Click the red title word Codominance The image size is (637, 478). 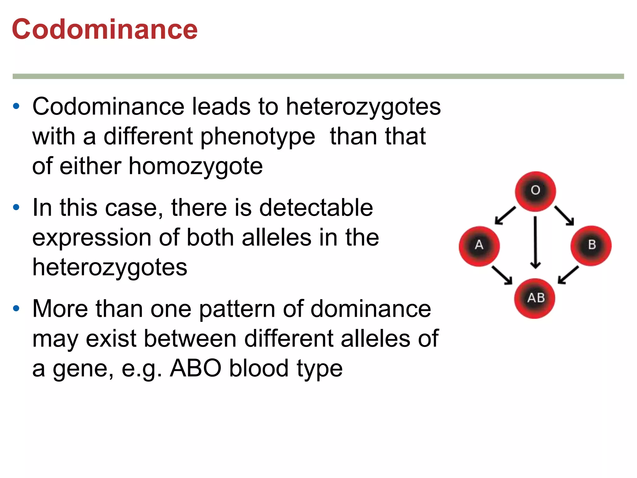click(x=105, y=29)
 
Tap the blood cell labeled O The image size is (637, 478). click(x=535, y=191)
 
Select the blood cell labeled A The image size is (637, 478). click(x=479, y=246)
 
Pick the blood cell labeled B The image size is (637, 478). click(x=591, y=246)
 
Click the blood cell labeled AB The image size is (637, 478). click(x=535, y=298)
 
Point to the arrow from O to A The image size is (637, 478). click(x=505, y=215)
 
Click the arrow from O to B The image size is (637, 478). click(x=564, y=215)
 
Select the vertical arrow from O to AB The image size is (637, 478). click(x=535, y=242)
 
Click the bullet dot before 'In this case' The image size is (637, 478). click(x=16, y=207)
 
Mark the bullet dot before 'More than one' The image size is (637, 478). click(x=16, y=308)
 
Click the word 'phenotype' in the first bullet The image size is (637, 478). click(x=258, y=137)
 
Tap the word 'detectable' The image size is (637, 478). click(x=316, y=208)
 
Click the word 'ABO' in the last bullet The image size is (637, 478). click(x=195, y=368)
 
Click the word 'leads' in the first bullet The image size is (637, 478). click(x=221, y=106)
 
